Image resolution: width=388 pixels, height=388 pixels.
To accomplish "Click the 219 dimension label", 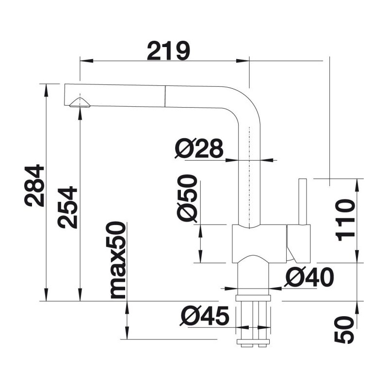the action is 168,51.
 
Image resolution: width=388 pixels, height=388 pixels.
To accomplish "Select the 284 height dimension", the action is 34,185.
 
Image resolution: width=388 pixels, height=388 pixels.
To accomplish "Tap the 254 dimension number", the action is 67,208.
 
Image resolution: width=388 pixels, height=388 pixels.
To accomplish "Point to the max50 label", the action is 116,260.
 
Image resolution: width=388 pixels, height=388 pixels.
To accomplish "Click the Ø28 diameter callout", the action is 199,148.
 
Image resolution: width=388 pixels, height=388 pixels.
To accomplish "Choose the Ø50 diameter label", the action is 187,198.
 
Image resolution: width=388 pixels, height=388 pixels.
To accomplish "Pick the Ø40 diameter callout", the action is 309,277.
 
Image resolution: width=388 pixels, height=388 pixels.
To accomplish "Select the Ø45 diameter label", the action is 205,316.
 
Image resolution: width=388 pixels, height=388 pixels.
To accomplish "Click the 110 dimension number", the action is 345,220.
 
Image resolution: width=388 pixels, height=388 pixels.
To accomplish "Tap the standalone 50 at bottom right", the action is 344,330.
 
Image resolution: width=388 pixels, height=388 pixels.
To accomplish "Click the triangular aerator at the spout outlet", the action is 80,102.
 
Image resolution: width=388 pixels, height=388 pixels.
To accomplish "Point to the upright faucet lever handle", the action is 303,201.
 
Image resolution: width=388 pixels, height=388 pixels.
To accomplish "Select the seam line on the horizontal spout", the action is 164,96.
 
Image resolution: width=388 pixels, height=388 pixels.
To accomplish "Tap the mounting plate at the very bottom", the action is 253,342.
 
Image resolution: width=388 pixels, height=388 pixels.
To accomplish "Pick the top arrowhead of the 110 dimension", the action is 357,185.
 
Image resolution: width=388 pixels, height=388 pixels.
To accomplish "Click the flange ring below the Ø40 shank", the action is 253,298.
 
